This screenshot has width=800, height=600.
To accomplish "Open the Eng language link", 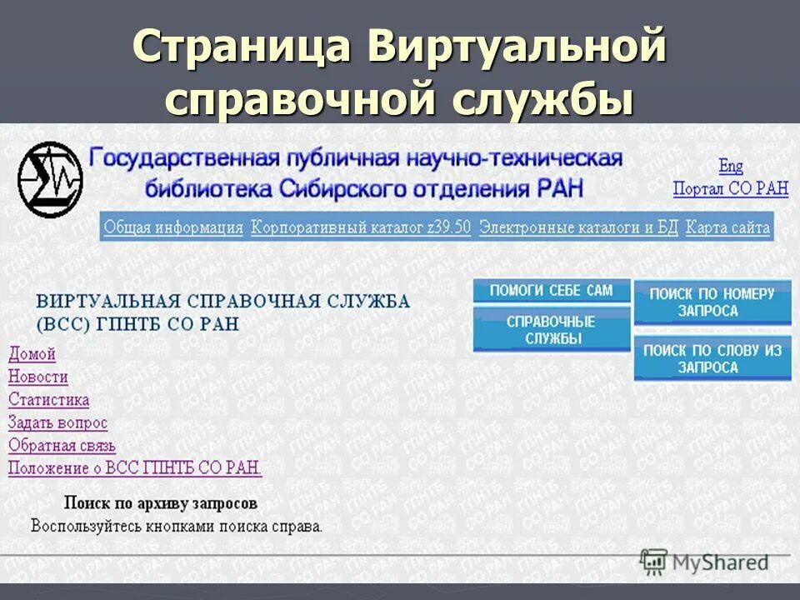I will click(731, 166).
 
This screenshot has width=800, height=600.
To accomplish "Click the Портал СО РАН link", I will click(730, 189).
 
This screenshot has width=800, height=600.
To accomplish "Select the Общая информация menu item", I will click(173, 227).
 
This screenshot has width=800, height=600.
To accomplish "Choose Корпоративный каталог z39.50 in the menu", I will click(361, 227).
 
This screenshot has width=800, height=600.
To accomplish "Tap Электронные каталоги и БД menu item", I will click(579, 227).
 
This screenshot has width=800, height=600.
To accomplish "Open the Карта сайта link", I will click(727, 227).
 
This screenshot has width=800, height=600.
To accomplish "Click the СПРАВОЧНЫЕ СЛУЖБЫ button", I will click(551, 330).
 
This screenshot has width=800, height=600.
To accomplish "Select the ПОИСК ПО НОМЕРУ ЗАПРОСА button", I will click(712, 302).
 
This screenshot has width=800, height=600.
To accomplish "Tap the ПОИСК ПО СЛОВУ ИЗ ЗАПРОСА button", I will click(712, 359).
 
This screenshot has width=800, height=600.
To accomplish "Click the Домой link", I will click(32, 354).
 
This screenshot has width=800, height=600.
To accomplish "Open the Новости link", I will click(38, 377).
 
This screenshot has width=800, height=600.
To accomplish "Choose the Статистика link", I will click(48, 400).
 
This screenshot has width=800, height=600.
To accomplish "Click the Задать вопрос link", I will click(57, 422).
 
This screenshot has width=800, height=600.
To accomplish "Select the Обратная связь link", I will click(62, 446).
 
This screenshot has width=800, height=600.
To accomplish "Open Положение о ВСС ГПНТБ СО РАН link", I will click(135, 468).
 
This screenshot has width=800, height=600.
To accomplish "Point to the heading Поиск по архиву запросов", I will click(161, 503).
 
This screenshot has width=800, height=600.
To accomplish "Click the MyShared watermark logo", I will click(705, 562).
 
